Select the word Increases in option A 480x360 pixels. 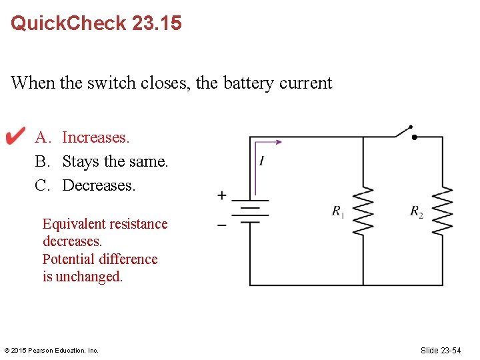[x=95, y=137]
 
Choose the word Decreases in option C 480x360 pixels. [x=98, y=185]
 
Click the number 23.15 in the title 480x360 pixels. [x=157, y=23]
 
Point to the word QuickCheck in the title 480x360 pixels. [x=69, y=23]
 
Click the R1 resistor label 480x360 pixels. [x=339, y=211]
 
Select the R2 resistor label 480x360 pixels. [x=417, y=211]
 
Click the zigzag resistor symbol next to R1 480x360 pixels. [x=363, y=211]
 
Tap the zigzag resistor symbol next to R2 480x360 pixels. [x=443, y=211]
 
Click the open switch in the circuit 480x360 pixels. [x=405, y=131]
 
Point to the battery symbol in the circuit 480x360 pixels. [x=250, y=211]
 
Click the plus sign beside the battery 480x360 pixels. [x=221, y=195]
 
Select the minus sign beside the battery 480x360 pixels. [x=221, y=225]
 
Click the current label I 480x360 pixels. [x=262, y=161]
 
